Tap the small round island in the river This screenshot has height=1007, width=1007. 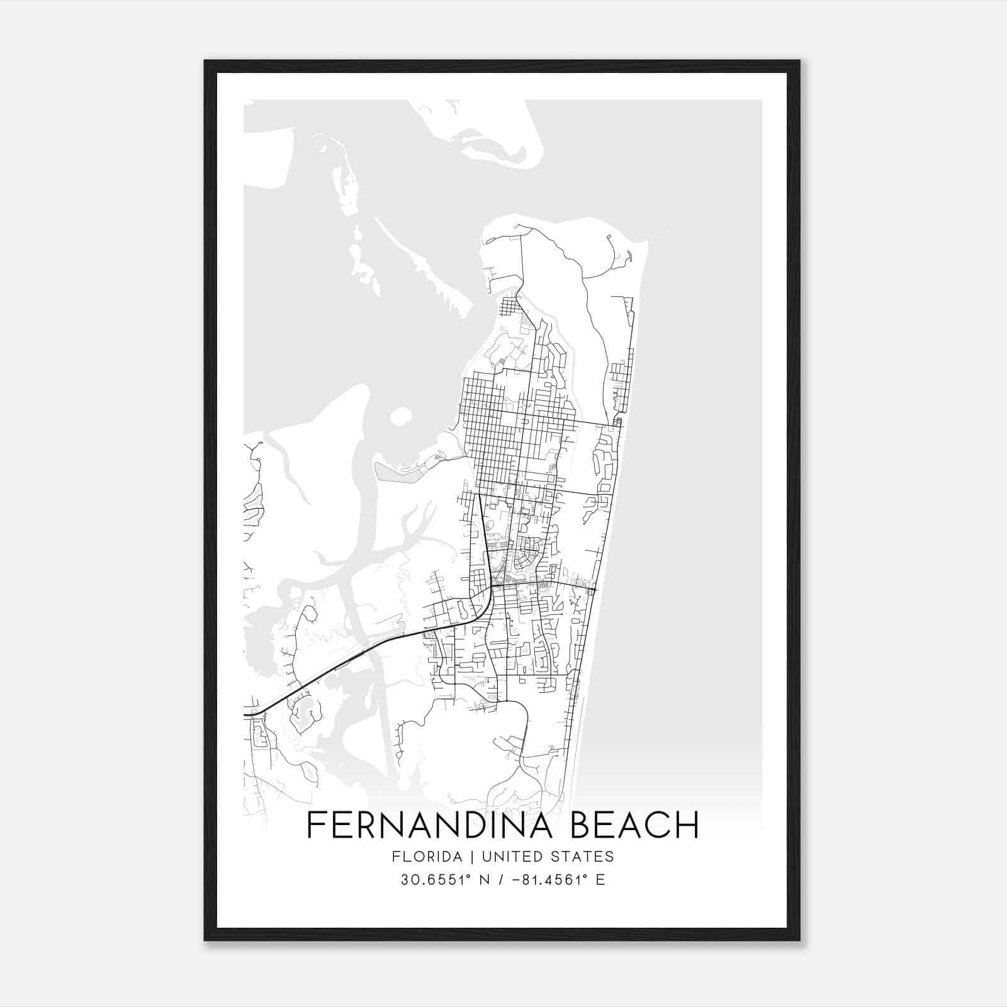pyautogui.click(x=400, y=417)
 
